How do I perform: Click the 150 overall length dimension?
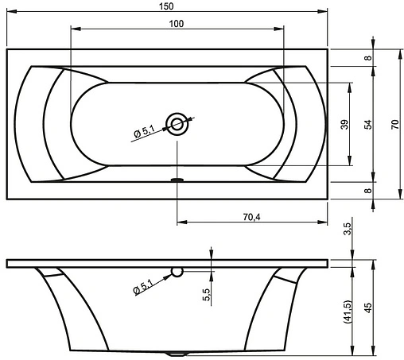pyautogui.click(x=166, y=6)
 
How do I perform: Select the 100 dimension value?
pyautogui.click(x=177, y=24)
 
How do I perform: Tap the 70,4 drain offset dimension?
pyautogui.click(x=251, y=217)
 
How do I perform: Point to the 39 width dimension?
pyautogui.click(x=344, y=125)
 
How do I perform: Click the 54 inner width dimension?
pyautogui.click(x=368, y=125)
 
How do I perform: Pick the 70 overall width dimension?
pyautogui.click(x=394, y=125)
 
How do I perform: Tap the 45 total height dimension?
pyautogui.click(x=368, y=308)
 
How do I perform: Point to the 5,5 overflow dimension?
pyautogui.click(x=207, y=294)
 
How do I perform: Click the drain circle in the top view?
pyautogui.click(x=177, y=124)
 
